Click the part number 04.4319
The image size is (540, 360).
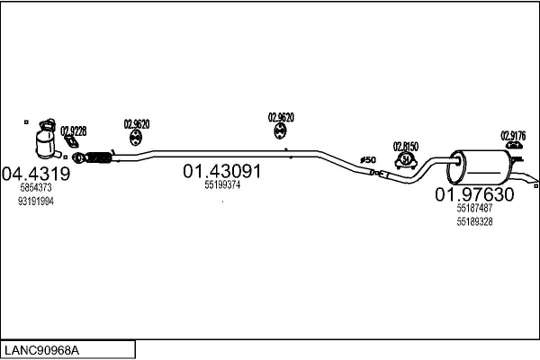(x=36, y=174)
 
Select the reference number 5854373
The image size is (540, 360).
(x=36, y=188)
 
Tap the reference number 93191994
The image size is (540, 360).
(x=36, y=202)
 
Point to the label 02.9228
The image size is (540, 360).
(x=73, y=131)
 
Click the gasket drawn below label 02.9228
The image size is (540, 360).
(x=68, y=141)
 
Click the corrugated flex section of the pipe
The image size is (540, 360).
(x=98, y=160)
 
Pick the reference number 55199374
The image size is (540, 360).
(x=222, y=185)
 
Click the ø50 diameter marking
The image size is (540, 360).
(x=367, y=160)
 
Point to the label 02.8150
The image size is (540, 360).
(x=406, y=145)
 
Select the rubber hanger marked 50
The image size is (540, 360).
(x=406, y=160)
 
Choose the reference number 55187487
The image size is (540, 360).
(x=474, y=209)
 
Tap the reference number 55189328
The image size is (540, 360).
(x=474, y=221)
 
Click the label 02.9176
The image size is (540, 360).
(x=513, y=136)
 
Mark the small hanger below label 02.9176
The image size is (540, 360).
(x=514, y=145)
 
